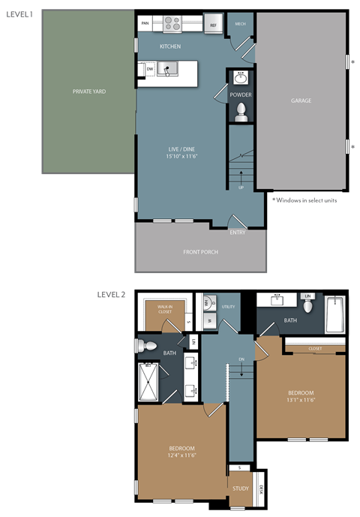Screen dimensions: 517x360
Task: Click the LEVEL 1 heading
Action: [x=19, y=14]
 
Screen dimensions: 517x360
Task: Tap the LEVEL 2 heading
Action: [x=112, y=295]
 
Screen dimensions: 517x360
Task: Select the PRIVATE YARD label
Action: [x=88, y=91]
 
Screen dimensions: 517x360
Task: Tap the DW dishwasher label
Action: [x=150, y=70]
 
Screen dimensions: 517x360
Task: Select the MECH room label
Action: [x=240, y=24]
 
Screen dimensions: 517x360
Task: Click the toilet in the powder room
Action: [x=241, y=113]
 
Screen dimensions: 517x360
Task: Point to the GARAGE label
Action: [x=301, y=101]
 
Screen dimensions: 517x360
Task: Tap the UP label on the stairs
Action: [x=241, y=187]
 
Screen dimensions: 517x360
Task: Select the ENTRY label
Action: [x=238, y=232]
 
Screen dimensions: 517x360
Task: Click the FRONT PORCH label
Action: [x=200, y=251]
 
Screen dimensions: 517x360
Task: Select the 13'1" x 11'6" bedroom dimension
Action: [x=300, y=400]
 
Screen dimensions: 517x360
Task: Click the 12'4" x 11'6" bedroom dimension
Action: [x=181, y=455]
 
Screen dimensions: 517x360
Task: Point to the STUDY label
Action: [x=240, y=488]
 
